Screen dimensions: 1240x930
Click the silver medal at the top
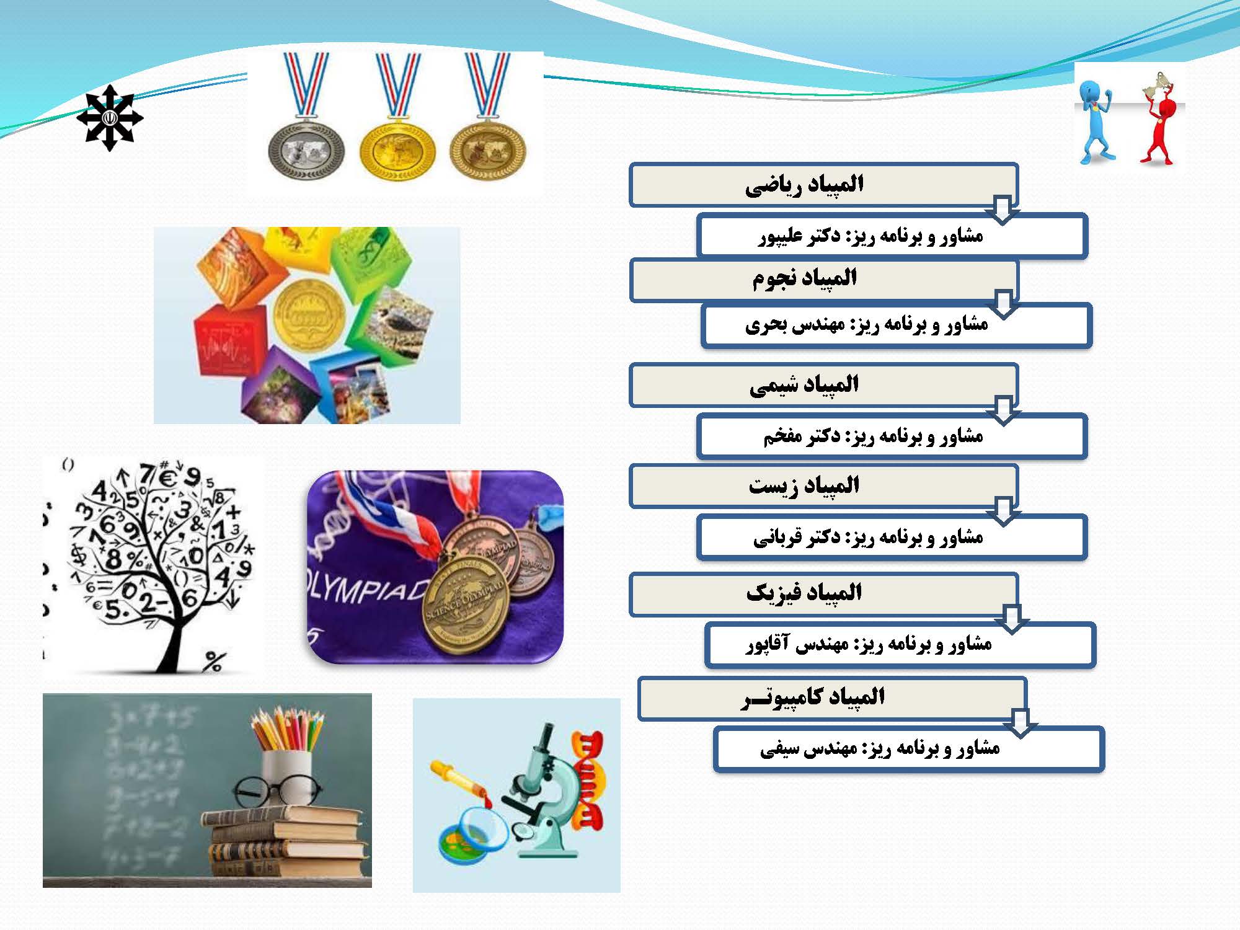306,151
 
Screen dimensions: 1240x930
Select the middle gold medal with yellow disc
397,151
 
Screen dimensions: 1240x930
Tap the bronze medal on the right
488,151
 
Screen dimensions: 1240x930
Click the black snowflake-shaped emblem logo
110,118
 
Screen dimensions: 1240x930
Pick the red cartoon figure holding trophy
1159,121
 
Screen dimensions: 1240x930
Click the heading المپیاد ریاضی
804,185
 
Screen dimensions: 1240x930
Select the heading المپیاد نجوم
805,278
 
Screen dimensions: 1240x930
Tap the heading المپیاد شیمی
804,385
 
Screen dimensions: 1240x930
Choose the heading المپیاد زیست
804,485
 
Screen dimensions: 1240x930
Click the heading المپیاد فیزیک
804,593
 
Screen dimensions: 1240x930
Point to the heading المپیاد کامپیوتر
813,697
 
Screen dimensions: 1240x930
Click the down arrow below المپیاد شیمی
1003,410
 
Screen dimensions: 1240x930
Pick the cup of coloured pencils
286,756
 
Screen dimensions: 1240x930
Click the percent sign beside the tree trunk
212,662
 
